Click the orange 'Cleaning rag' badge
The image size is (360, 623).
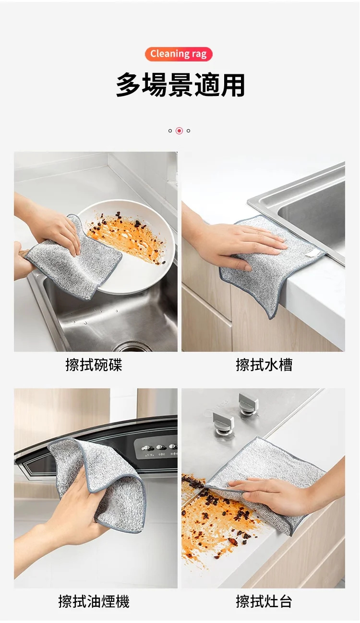(x=179, y=54)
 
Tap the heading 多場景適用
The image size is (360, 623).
(x=180, y=85)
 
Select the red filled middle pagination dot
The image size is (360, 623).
(x=179, y=131)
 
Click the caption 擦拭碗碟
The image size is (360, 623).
(x=94, y=365)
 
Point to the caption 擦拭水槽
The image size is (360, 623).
(x=264, y=365)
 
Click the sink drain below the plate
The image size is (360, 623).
(x=133, y=347)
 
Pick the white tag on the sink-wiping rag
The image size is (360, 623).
(x=313, y=252)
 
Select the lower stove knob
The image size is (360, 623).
(x=223, y=423)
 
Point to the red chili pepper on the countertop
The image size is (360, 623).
(x=233, y=541)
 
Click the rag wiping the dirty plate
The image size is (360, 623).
(x=74, y=258)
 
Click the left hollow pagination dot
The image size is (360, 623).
(x=170, y=131)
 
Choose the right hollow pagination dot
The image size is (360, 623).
(x=188, y=131)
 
